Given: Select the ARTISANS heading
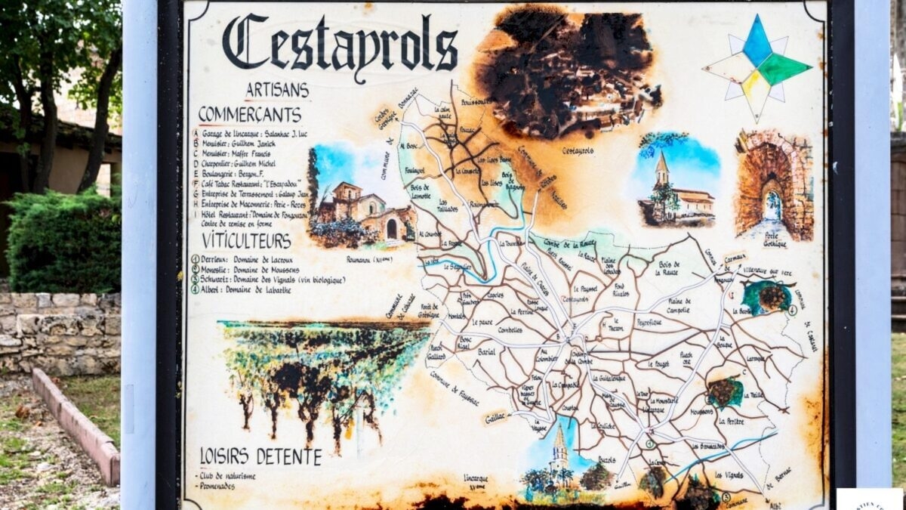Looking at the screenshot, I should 277,90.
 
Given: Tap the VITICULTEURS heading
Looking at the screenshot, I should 246,241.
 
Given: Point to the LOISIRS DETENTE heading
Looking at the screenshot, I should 260,456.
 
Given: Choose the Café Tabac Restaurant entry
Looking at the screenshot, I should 249,183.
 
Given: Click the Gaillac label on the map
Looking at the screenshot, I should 495,416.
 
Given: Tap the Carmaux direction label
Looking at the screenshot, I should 734,257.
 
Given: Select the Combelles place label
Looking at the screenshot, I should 510,330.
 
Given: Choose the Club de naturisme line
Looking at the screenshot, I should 226,476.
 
